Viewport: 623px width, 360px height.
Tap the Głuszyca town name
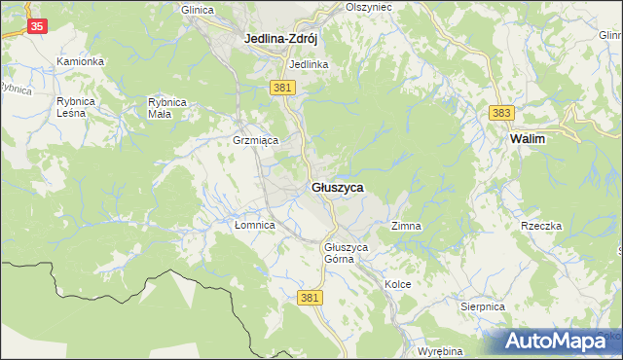[x=337, y=187]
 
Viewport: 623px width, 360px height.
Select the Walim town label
[x=527, y=139]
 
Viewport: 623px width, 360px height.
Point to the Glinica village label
[x=197, y=9]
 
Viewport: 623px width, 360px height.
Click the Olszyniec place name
[x=368, y=6]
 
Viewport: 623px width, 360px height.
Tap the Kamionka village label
[x=80, y=61]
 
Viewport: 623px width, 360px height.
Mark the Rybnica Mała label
[x=166, y=107]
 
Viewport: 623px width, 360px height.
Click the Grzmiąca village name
[x=256, y=140]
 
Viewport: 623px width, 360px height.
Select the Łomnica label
[x=256, y=225]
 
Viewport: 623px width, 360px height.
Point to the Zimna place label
[x=406, y=226]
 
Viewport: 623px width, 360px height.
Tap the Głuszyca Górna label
[x=346, y=253]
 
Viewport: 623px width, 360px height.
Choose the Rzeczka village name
[x=542, y=226]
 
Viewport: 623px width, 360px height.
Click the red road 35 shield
[x=35, y=26]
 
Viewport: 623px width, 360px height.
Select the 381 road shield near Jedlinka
[x=282, y=88]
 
